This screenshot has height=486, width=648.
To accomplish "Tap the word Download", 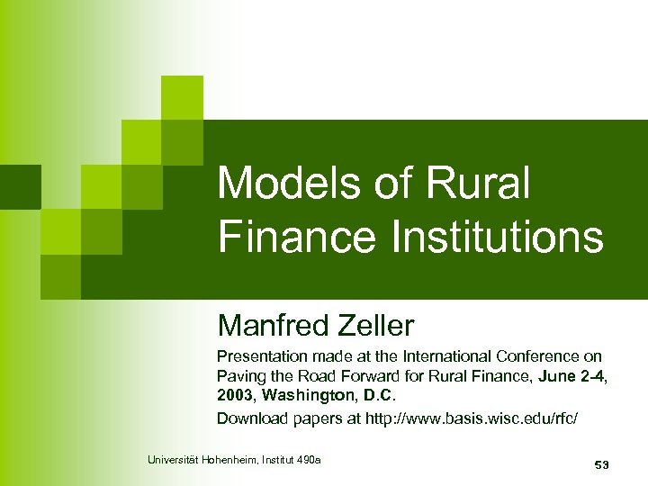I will pos(249,418).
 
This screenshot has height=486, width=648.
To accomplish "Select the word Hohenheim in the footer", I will pos(231,461).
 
